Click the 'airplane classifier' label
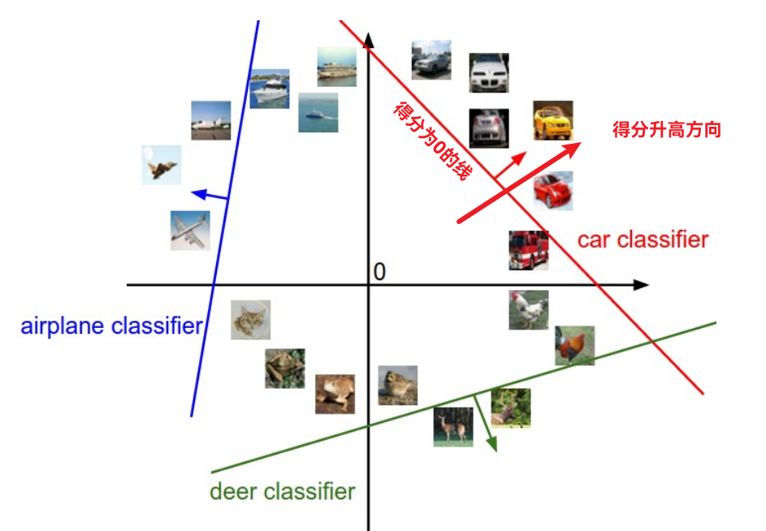[x=111, y=326]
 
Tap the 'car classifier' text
[x=643, y=240]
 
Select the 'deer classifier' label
[x=282, y=491]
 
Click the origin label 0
[x=379, y=272]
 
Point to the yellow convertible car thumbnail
[x=553, y=121]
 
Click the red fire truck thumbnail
[x=529, y=249]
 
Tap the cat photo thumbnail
[x=250, y=320]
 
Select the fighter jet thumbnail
[x=162, y=165]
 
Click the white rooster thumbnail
[x=529, y=310]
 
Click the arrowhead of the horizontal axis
[x=642, y=285]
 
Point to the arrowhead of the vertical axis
[x=369, y=39]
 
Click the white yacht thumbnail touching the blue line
[x=270, y=89]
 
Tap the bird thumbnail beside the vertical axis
[x=398, y=385]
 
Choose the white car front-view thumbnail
[x=489, y=73]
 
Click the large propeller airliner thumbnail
[x=190, y=231]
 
